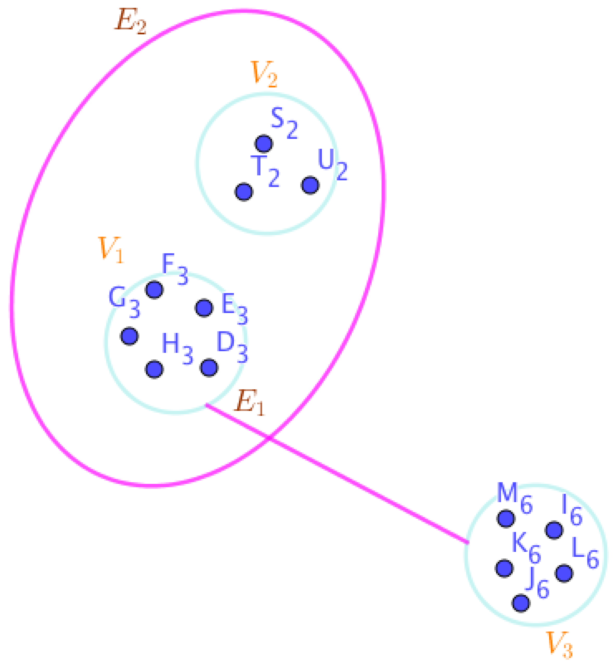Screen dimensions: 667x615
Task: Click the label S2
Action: point(284,122)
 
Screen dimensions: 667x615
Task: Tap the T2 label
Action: point(265,171)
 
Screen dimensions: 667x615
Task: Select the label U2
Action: point(332,164)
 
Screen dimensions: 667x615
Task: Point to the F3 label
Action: point(174,268)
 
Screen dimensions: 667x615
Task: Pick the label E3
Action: point(234,308)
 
